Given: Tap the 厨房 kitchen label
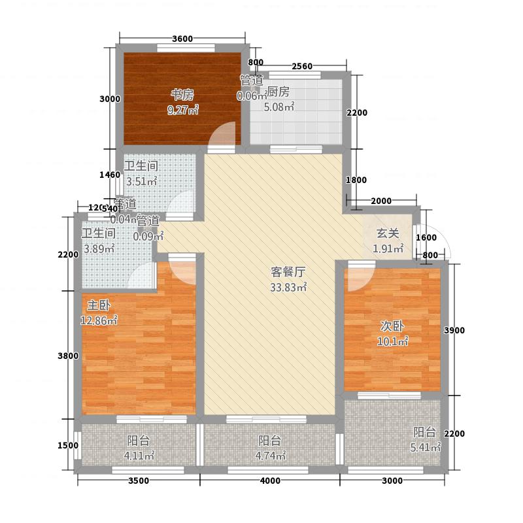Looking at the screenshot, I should [x=278, y=92].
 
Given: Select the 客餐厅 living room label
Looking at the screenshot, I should [x=288, y=272].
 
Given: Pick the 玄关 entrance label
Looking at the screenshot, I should [x=388, y=233].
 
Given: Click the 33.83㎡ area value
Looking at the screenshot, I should [x=288, y=286].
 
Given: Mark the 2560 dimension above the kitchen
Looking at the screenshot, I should [x=302, y=65].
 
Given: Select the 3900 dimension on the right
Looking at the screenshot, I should [x=454, y=331].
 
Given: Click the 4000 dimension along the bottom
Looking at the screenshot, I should [x=270, y=482].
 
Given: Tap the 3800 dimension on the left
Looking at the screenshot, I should [x=67, y=356].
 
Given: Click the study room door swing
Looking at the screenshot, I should [x=222, y=136].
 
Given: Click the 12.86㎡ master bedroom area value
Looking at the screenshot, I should [x=99, y=320].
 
